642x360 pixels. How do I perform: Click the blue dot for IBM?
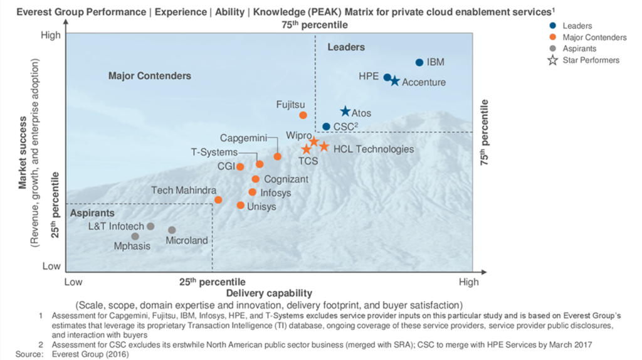tap(419, 62)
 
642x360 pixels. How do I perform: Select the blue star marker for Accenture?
tap(394, 81)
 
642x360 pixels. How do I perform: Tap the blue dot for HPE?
tap(387, 77)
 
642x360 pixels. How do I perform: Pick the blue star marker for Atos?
tap(345, 112)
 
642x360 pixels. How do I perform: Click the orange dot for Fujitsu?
tap(303, 115)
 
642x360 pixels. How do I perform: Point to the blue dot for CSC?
tap(326, 127)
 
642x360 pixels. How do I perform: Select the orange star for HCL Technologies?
tap(324, 147)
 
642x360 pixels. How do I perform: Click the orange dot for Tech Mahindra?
tap(218, 200)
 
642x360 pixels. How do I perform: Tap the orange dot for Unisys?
tap(240, 205)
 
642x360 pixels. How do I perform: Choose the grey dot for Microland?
tap(172, 230)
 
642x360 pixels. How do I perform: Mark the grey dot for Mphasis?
tap(135, 236)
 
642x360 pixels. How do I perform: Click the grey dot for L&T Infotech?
tap(150, 226)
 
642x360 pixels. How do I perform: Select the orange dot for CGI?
tap(240, 167)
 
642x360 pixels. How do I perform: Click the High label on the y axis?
tap(51, 35)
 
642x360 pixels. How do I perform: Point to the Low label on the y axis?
tap(51, 266)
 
